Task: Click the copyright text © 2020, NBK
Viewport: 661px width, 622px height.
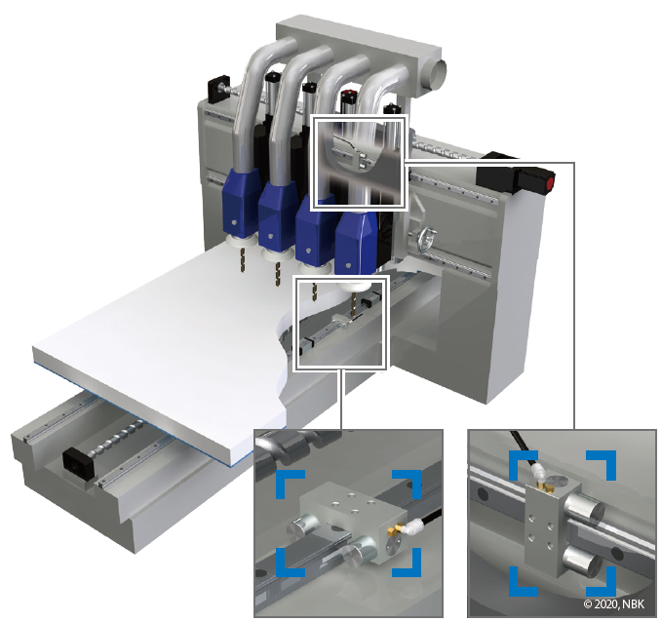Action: tap(614, 603)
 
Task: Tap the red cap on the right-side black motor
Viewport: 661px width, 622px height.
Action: tap(550, 184)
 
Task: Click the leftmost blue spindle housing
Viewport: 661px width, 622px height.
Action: tap(241, 202)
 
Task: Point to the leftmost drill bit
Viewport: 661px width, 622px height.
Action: tap(243, 259)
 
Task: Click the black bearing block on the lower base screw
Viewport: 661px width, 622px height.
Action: tap(78, 464)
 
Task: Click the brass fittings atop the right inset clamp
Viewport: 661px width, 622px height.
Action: tap(545, 487)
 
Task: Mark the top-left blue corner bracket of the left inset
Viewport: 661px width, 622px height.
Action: tap(290, 485)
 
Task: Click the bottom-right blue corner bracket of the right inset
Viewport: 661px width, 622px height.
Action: tap(602, 581)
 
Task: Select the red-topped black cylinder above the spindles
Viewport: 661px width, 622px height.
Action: tap(349, 102)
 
